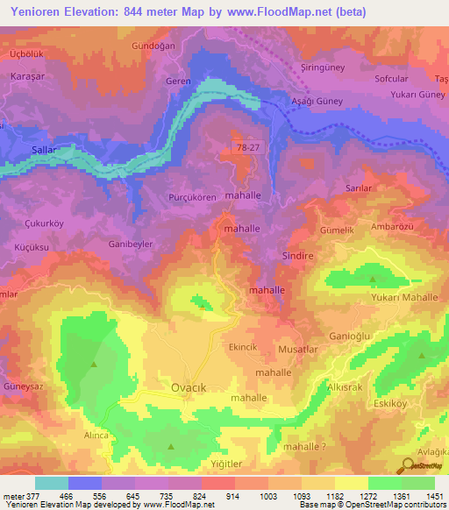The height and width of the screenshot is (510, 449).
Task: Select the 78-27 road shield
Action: pos(247,148)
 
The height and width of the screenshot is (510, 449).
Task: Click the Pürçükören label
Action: pos(192,198)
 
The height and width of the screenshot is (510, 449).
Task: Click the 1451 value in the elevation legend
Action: pos(434,495)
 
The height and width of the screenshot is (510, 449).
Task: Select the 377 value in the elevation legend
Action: pos(32,495)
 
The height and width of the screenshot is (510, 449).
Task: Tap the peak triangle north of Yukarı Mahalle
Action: pos(374,280)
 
